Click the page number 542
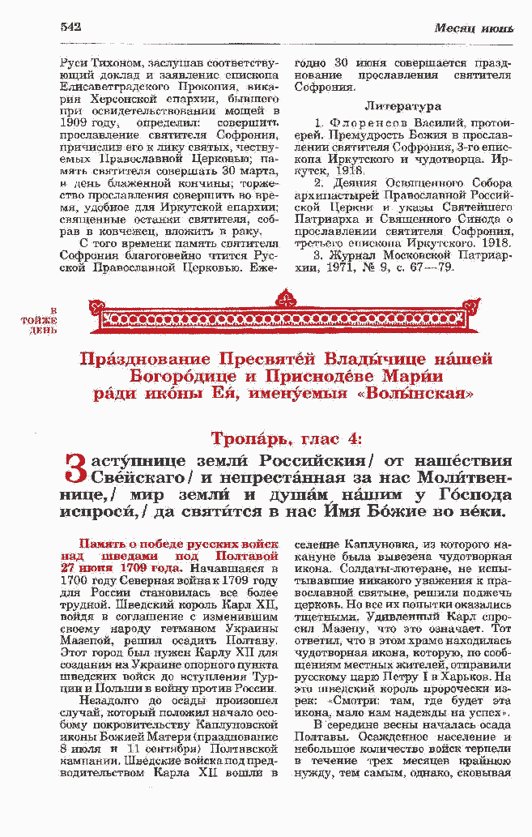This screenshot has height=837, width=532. pyautogui.click(x=71, y=27)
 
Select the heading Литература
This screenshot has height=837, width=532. pyautogui.click(x=402, y=106)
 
